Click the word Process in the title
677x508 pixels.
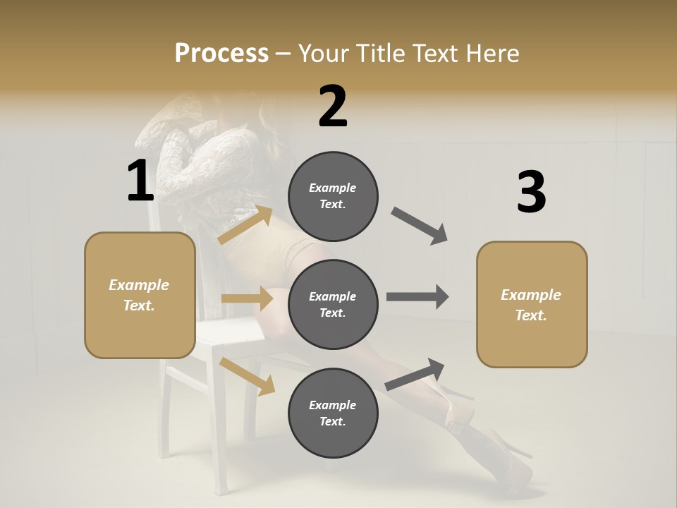[221, 54]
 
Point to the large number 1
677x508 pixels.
[140, 182]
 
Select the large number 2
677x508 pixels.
[333, 107]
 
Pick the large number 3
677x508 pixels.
[531, 193]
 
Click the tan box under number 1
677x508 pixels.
[140, 295]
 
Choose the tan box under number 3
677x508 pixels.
[532, 304]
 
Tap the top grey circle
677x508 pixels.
[333, 196]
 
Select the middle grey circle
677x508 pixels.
[333, 304]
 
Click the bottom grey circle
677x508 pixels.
[333, 413]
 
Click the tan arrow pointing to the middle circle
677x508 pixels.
[247, 298]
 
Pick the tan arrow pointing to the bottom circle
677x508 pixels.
[247, 376]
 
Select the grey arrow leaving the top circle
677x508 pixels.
[420, 226]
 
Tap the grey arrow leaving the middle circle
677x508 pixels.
[417, 297]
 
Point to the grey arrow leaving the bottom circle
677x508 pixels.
[415, 374]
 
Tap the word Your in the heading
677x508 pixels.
[322, 54]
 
